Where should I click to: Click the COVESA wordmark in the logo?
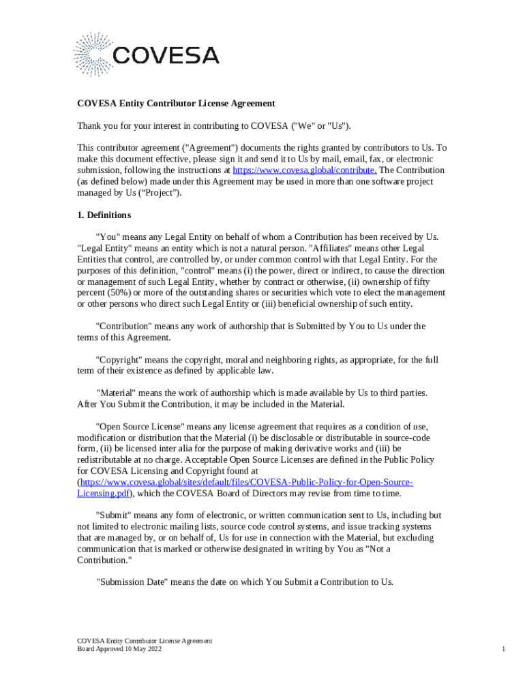point(166,55)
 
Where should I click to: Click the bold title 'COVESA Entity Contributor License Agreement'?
point(176,104)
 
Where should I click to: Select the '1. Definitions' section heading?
point(104,215)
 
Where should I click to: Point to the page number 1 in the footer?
point(503,650)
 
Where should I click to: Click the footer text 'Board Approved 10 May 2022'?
point(119,650)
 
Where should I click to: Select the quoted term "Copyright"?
point(119,359)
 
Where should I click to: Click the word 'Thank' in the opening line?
point(89,126)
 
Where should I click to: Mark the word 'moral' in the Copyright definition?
point(203,359)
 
